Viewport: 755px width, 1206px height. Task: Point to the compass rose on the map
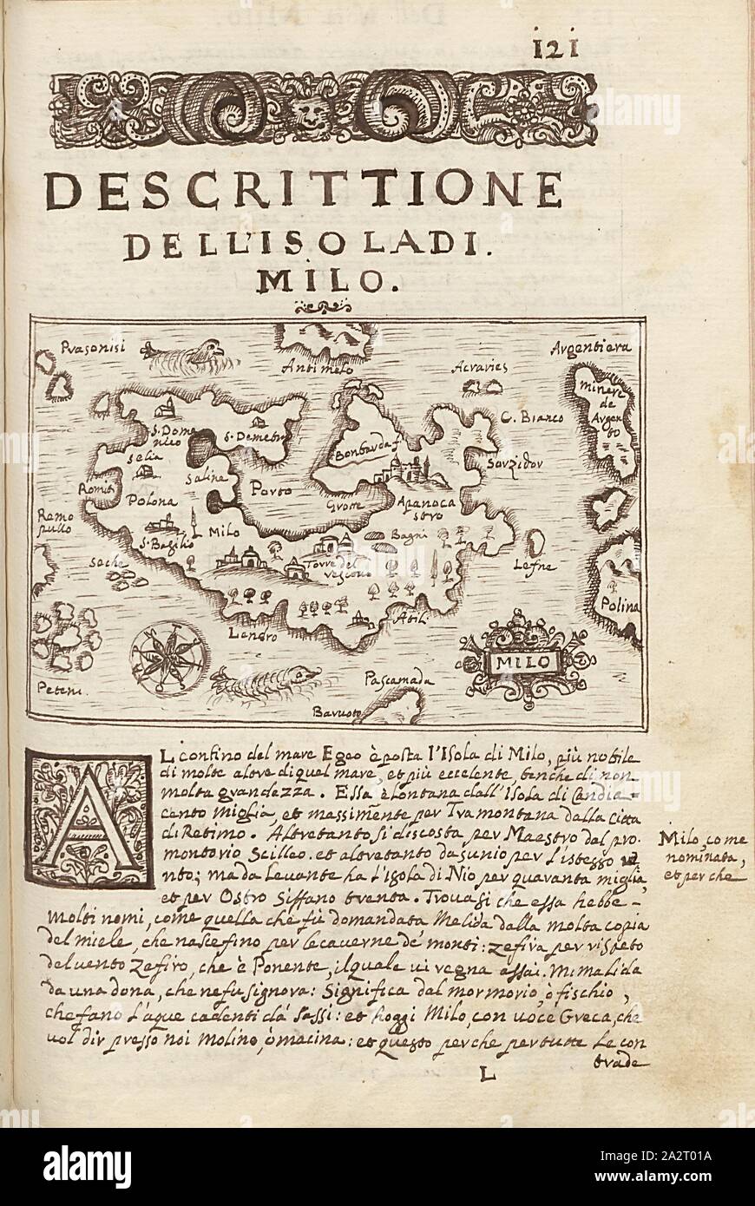pyautogui.click(x=170, y=657)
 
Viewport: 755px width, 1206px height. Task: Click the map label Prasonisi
pyautogui.click(x=94, y=349)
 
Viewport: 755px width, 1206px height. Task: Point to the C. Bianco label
pyautogui.click(x=532, y=418)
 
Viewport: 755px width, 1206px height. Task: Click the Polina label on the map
pyautogui.click(x=622, y=606)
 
